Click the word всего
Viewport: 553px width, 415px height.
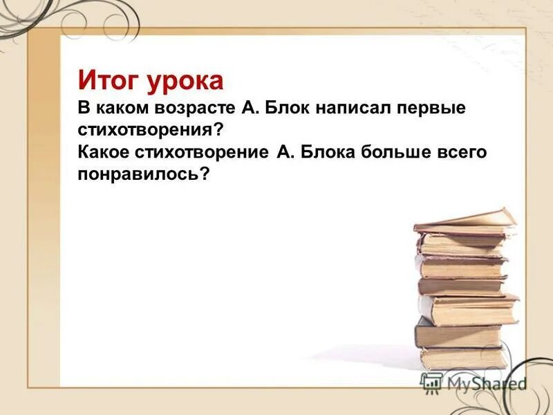[x=462, y=152]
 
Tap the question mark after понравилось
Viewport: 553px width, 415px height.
[x=204, y=174]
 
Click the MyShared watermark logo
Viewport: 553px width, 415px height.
[x=473, y=382]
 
